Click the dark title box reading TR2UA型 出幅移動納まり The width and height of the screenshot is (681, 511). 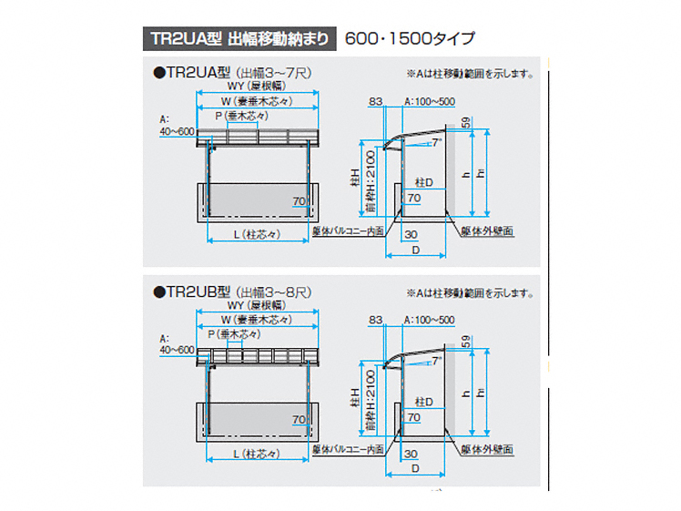239,38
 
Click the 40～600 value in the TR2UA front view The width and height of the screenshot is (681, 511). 176,131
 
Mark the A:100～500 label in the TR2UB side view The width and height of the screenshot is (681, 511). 428,321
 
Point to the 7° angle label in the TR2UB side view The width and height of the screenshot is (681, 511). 439,361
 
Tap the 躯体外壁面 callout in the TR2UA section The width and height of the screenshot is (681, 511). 486,231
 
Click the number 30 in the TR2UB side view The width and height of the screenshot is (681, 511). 411,453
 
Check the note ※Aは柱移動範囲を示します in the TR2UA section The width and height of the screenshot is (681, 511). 469,73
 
